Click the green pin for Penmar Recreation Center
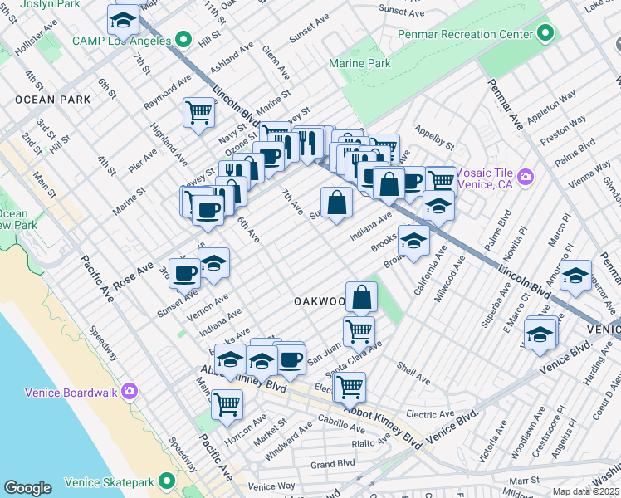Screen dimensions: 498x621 point(545,34)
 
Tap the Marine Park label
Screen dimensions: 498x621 point(359,63)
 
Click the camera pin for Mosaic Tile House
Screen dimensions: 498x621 point(525,177)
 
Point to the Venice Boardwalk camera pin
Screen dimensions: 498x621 point(129,391)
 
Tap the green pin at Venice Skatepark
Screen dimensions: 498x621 point(167,480)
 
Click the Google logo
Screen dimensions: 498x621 point(27,488)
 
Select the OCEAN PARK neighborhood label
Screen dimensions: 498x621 point(46,100)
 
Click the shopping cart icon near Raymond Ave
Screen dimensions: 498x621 point(198,112)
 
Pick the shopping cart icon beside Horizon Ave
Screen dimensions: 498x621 point(227,404)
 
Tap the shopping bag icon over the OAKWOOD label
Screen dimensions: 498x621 point(362,296)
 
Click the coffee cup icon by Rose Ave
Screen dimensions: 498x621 point(185,271)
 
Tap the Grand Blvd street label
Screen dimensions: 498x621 point(333,464)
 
